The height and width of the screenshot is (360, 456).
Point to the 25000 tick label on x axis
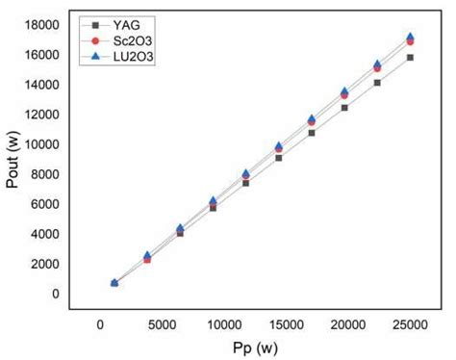tap(409, 325)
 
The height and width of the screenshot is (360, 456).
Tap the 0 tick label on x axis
tap(100, 325)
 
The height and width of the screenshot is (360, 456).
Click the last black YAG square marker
tap(410, 58)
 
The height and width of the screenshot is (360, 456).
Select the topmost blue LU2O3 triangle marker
tap(410, 37)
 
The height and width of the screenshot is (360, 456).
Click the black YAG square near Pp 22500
tap(377, 83)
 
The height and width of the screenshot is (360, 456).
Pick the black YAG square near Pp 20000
tap(344, 108)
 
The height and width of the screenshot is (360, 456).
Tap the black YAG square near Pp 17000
tap(312, 133)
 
